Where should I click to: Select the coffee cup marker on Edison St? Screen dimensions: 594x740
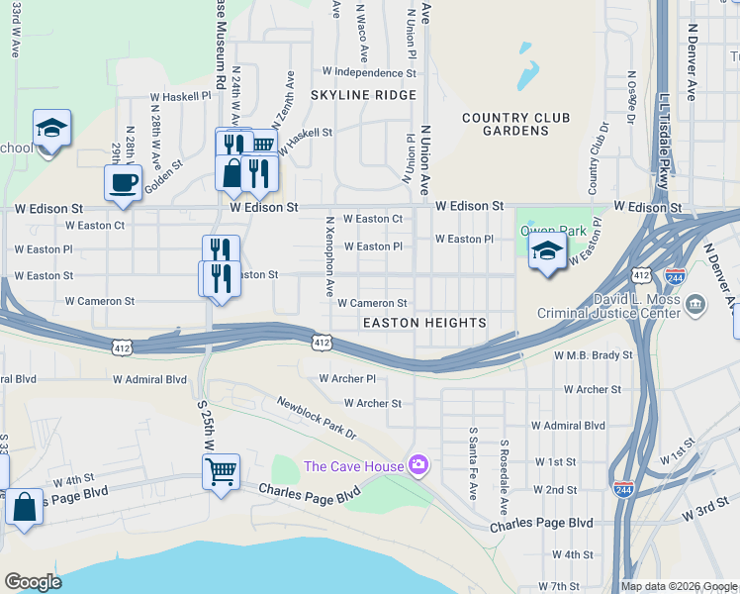(123, 183)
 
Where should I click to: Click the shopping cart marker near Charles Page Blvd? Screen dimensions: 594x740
(221, 469)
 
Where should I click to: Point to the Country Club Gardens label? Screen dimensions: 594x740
(515, 125)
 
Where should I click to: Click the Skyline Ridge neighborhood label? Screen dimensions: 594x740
(363, 95)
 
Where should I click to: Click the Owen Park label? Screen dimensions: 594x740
(554, 232)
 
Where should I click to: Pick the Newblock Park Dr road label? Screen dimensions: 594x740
(316, 418)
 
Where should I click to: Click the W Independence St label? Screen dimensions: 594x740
(369, 72)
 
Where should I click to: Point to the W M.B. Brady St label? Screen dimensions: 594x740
(594, 354)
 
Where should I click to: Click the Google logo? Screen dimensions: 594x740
(32, 582)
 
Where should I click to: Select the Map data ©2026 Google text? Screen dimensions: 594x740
(679, 586)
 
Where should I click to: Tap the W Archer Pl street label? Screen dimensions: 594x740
(347, 378)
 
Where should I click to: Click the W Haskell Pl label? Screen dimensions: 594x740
(180, 97)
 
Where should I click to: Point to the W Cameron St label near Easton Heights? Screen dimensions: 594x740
(372, 303)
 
